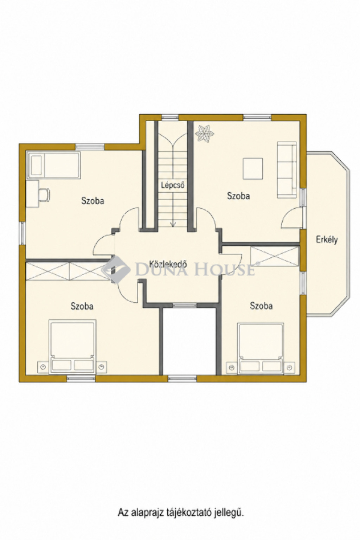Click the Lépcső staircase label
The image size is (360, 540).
173,185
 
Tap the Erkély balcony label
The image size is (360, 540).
327,240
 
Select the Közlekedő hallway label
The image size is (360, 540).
168,264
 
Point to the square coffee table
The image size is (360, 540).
253,168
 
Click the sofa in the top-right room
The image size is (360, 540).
287,170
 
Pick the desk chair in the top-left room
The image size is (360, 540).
44,195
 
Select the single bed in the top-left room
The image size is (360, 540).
53,165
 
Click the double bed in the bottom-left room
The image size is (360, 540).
72,347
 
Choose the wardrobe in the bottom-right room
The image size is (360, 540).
275,256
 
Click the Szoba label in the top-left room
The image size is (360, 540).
92,201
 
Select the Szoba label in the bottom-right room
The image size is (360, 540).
261,306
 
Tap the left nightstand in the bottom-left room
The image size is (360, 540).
43,367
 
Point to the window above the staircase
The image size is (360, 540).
170,117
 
